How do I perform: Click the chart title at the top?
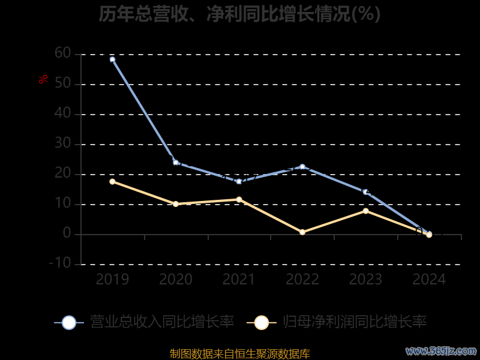click(239, 14)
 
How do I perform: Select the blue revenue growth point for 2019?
click(112, 59)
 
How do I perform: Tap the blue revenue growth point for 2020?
click(176, 163)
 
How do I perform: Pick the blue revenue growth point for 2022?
click(302, 167)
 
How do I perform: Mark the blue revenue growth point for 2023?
click(365, 192)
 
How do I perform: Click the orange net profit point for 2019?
click(112, 181)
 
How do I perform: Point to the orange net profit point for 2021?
click(239, 199)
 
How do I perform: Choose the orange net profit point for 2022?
click(302, 232)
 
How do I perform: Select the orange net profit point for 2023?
click(365, 211)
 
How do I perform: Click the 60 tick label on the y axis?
click(62, 54)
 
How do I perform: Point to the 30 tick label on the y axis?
click(62, 144)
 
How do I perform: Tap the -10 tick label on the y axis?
click(60, 263)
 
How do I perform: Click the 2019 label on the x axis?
click(112, 280)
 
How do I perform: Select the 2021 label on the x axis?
click(239, 280)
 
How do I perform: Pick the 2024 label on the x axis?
click(429, 280)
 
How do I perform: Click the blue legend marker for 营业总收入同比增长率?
click(69, 322)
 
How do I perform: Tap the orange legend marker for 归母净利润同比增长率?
click(261, 322)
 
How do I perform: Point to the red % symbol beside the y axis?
click(43, 79)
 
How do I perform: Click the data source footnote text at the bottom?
click(239, 353)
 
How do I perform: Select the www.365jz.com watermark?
click(441, 350)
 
